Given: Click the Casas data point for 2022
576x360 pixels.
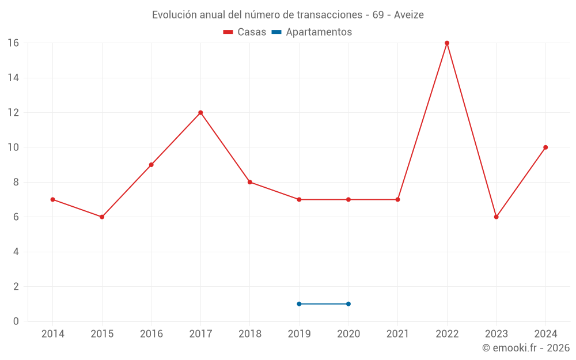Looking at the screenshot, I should [x=447, y=43].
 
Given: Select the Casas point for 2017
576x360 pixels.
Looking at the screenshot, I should [x=200, y=112].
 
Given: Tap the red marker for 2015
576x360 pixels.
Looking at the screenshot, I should [x=102, y=217].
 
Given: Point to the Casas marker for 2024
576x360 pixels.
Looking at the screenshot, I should [x=545, y=147].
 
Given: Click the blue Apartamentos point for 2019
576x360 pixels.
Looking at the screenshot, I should [x=299, y=304].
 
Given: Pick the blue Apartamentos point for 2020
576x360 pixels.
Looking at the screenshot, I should [x=348, y=304].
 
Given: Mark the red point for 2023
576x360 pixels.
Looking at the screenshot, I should [x=496, y=217].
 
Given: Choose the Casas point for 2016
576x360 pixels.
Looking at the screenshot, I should [x=151, y=165].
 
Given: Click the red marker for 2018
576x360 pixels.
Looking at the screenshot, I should [x=250, y=182].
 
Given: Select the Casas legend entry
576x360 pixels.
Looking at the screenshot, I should [x=245, y=32].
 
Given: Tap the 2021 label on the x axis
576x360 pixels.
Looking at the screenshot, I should [x=397, y=334].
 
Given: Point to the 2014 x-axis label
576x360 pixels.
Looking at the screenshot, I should [x=53, y=334].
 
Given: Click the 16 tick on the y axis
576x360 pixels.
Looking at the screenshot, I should [x=13, y=43].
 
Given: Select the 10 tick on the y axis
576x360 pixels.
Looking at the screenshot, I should [x=13, y=147].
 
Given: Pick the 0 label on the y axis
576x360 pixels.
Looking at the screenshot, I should [x=16, y=321].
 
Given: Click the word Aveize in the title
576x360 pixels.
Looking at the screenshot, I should [x=409, y=15].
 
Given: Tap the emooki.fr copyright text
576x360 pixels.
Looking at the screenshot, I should [x=526, y=348].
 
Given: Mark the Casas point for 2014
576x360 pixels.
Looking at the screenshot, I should [x=53, y=199].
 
